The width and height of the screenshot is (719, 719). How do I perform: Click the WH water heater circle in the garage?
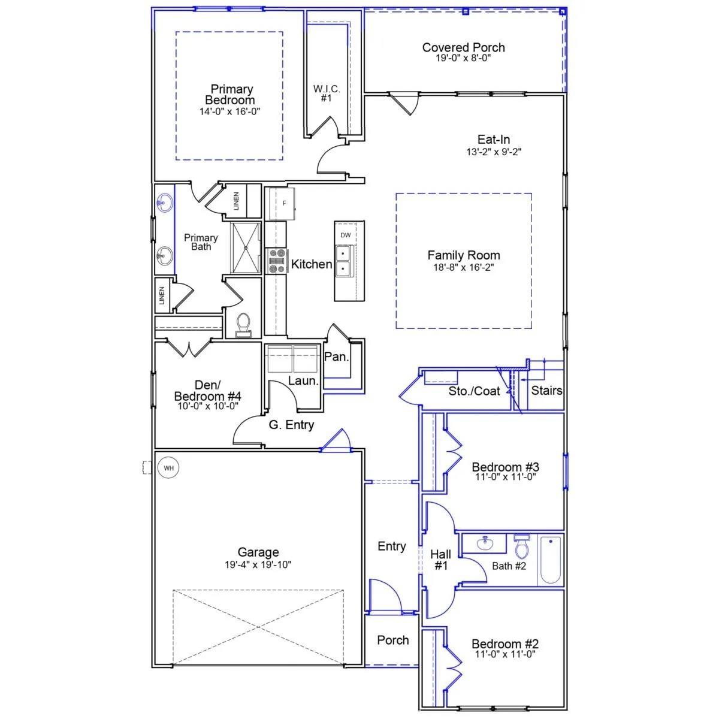[x=168, y=467]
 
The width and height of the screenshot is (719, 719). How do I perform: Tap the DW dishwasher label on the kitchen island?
[x=346, y=235]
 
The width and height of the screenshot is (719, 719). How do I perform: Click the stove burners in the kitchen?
[x=277, y=261]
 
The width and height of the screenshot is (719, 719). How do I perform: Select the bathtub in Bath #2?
[x=551, y=560]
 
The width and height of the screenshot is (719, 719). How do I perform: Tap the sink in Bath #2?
[x=485, y=543]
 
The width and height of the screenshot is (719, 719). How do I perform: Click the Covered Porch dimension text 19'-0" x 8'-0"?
[x=463, y=58]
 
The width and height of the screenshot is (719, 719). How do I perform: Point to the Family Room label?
[x=463, y=255]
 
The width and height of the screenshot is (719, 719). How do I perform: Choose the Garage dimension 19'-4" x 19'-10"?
[x=258, y=564]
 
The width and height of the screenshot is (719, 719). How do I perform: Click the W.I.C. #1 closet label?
[x=327, y=93]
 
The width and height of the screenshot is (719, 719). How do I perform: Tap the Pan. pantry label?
[x=336, y=357]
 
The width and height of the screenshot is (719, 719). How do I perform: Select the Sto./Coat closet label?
[x=474, y=391]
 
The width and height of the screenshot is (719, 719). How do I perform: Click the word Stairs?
[x=546, y=391]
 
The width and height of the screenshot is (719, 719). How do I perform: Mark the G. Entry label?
[x=291, y=425]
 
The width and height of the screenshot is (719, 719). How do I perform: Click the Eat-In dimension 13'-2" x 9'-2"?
[x=494, y=152]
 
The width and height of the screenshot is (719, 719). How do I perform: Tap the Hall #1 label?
[x=440, y=560]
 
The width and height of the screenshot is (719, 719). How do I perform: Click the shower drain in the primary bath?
[x=246, y=247]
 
